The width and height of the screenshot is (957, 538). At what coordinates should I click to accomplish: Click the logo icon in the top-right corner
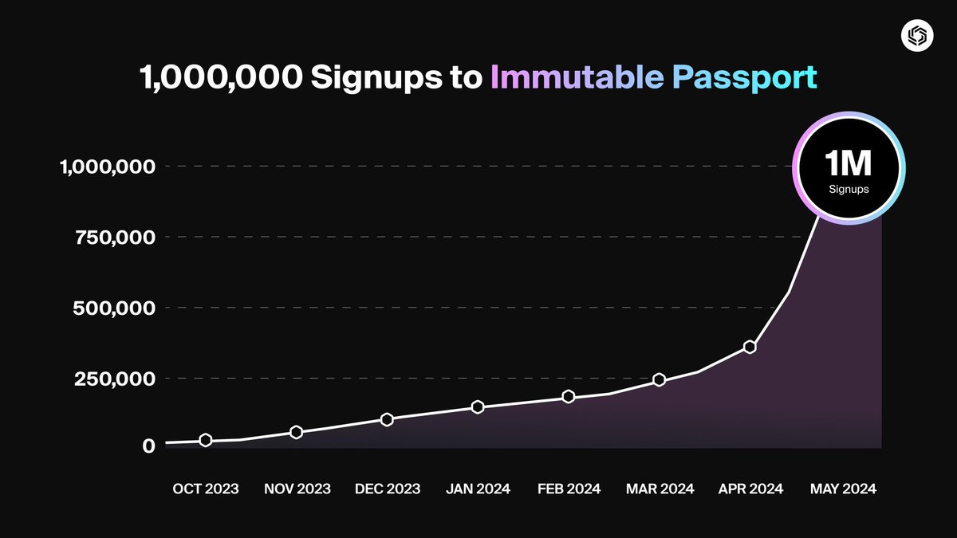pos(912,36)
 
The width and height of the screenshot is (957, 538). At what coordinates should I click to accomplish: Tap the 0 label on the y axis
pos(148,446)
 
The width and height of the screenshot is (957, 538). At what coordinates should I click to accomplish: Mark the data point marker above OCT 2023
pos(205,440)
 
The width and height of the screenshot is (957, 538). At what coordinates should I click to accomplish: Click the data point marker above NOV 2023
pos(296,432)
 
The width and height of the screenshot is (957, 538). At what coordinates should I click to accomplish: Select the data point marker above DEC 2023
pos(387,419)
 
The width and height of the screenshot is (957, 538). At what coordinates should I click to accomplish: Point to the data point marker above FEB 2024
pos(569,396)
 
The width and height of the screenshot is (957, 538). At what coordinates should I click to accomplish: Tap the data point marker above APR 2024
pos(750,347)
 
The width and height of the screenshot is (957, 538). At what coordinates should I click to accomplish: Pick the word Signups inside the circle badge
pos(849,190)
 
